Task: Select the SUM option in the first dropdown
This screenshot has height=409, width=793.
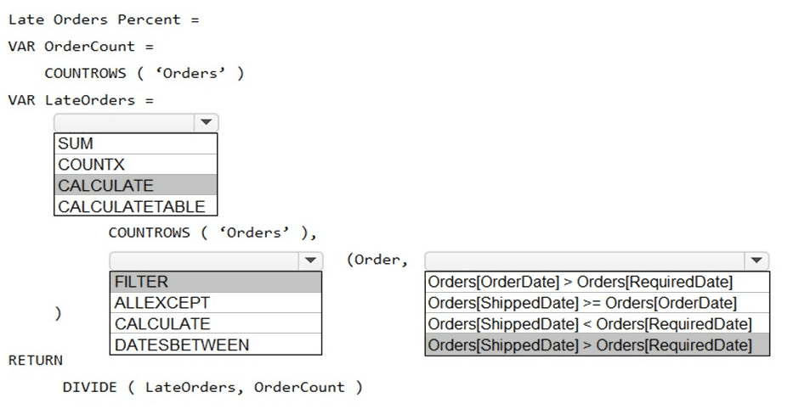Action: pyautogui.click(x=135, y=143)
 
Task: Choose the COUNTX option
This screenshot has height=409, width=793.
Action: pyautogui.click(x=135, y=165)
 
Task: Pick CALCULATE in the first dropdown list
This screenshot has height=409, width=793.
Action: pyautogui.click(x=135, y=185)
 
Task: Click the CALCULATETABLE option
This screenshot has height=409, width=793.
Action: pyautogui.click(x=135, y=206)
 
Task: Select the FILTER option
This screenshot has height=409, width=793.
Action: pyautogui.click(x=215, y=282)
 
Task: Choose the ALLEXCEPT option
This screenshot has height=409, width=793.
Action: pyautogui.click(x=215, y=303)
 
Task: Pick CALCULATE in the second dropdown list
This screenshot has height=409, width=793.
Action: pyautogui.click(x=215, y=323)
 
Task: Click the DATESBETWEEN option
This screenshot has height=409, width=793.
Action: pyautogui.click(x=215, y=345)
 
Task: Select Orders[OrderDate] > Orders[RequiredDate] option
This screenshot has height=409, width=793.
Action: pyautogui.click(x=597, y=282)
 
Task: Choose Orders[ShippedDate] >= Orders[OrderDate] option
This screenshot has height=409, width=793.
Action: pyautogui.click(x=597, y=303)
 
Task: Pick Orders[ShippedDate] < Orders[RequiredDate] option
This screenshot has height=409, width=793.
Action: pyautogui.click(x=597, y=324)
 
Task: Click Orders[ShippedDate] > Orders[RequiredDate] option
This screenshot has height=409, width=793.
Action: pyautogui.click(x=597, y=345)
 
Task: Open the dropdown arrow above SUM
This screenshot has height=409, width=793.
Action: pyautogui.click(x=206, y=123)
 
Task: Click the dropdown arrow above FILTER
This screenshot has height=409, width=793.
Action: pyautogui.click(x=309, y=261)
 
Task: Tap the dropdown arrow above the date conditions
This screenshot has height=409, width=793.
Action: pyautogui.click(x=756, y=261)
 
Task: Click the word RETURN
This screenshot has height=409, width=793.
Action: pyautogui.click(x=36, y=360)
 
